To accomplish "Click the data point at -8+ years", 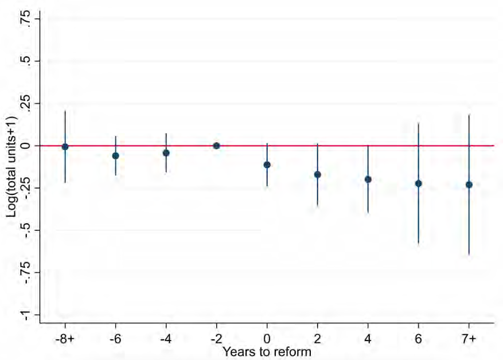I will pyautogui.click(x=65, y=147).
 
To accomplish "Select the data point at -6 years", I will pyautogui.click(x=116, y=155).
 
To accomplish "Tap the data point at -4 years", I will pyautogui.click(x=166, y=152).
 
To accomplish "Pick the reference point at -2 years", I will pyautogui.click(x=217, y=146).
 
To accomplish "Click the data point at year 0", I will pyautogui.click(x=267, y=165).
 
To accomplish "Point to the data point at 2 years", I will pyautogui.click(x=318, y=174).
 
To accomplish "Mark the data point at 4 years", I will pyautogui.click(x=368, y=179).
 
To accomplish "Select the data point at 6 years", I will pyautogui.click(x=419, y=183).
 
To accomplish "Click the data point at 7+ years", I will pyautogui.click(x=469, y=185).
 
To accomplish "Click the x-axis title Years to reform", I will pyautogui.click(x=267, y=351).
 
